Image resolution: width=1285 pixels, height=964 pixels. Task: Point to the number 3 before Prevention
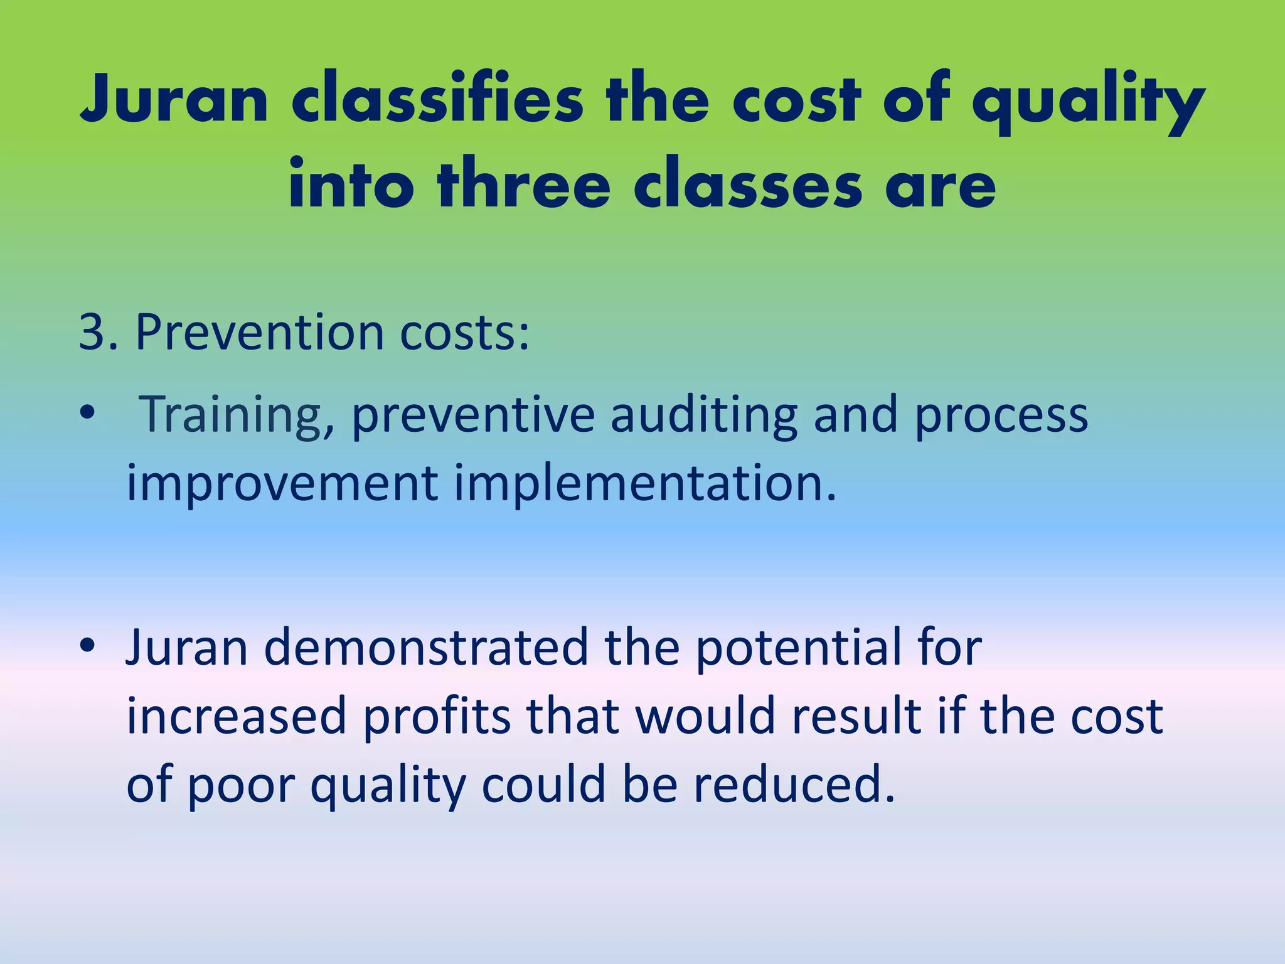[x=92, y=332]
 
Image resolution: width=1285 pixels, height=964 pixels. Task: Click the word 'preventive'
[x=473, y=415]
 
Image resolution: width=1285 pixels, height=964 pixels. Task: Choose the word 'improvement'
[x=282, y=484]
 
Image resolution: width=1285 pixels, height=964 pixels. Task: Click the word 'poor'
[x=242, y=785]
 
